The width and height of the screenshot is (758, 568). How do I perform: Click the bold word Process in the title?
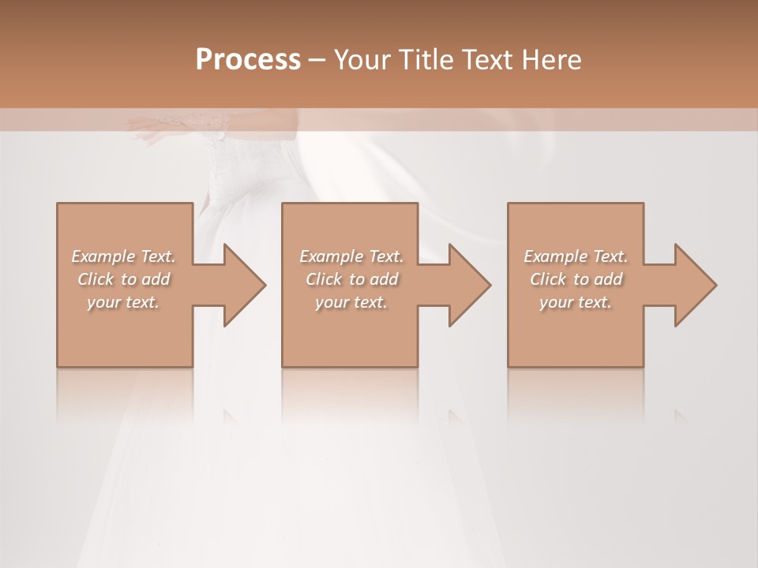click(x=248, y=60)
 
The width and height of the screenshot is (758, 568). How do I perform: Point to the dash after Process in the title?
click(x=317, y=60)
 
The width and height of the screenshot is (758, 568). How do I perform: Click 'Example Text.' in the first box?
click(x=123, y=256)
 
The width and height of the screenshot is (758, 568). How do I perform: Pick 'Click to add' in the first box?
click(x=123, y=279)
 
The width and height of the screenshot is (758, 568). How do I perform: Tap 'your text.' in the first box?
click(x=123, y=302)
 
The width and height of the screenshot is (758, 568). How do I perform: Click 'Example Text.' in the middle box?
click(x=351, y=256)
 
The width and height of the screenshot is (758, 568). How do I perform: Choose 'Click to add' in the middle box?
click(x=351, y=279)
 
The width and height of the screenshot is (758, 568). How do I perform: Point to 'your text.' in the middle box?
click(x=351, y=302)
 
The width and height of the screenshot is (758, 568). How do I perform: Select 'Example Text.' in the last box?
click(x=576, y=256)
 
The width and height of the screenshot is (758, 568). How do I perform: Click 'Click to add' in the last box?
click(x=576, y=279)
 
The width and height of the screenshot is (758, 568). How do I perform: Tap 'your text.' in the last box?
click(x=576, y=302)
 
